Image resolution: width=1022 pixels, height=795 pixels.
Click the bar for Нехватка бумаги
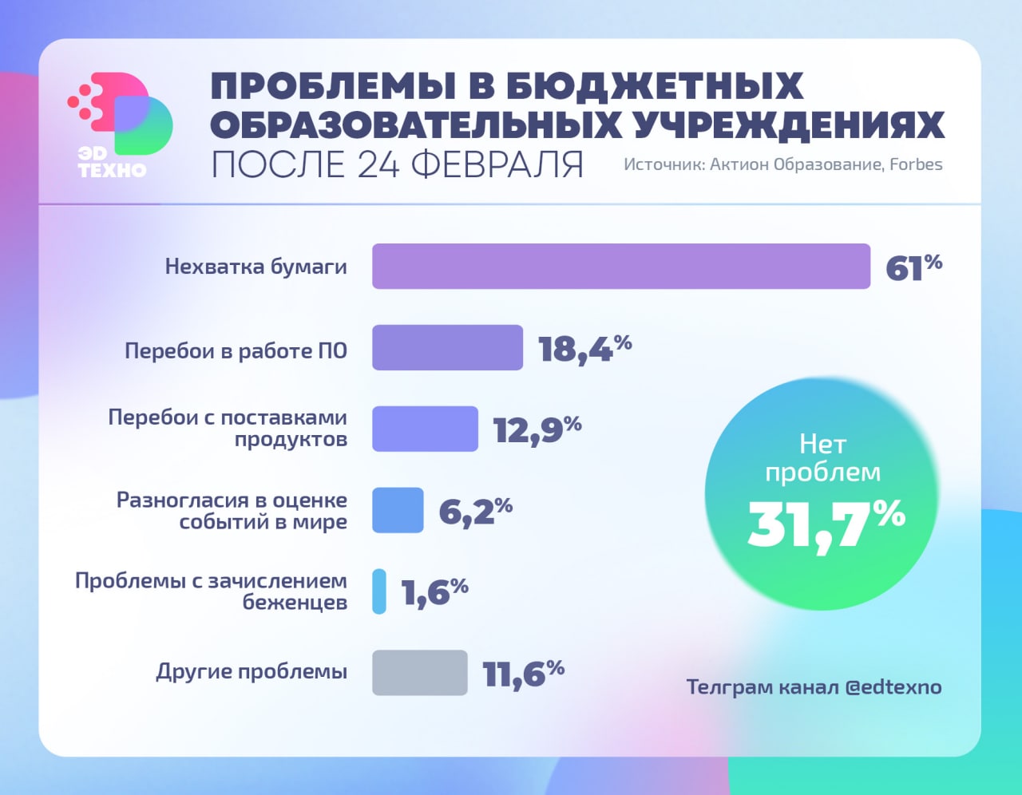[620, 266]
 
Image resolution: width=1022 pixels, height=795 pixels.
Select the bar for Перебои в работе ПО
[447, 347]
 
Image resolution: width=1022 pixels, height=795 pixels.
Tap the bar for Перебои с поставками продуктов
[425, 429]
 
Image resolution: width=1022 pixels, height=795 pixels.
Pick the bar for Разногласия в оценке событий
[398, 510]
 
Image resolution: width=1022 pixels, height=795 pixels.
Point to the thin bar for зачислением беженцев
[379, 591]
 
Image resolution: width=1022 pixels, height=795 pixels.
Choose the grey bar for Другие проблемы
[419, 673]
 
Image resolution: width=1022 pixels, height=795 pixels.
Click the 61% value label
[913, 267]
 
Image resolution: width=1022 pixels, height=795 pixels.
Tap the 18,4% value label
[584, 348]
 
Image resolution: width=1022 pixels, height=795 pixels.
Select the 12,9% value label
[537, 429]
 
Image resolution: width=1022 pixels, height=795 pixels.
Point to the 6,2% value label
[475, 511]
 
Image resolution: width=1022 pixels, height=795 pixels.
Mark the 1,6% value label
[434, 592]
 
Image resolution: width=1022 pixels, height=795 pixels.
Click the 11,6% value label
[523, 674]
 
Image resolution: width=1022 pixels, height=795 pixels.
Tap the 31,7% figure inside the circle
[826, 524]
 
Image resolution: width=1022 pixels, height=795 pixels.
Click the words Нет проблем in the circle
[822, 457]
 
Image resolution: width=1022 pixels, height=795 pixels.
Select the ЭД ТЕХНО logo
[120, 124]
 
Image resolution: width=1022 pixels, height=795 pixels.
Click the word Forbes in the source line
[916, 164]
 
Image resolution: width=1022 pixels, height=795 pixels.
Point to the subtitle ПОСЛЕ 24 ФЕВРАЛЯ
[397, 164]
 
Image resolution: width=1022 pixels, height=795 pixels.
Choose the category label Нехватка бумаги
[255, 267]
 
